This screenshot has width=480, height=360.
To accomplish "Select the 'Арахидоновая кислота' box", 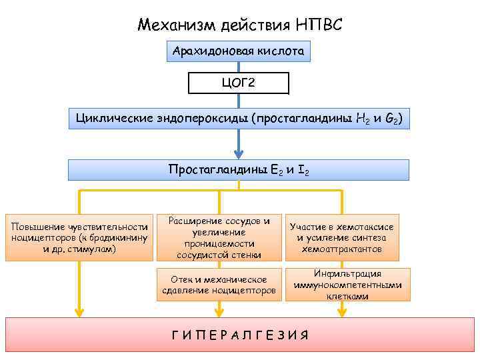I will (238, 51).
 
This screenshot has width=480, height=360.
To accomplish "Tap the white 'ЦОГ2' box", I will (239, 83).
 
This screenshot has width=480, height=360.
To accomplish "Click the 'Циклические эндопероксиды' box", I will (239, 119).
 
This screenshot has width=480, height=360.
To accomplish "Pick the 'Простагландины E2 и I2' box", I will (239, 170).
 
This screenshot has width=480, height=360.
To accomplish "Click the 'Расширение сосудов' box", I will (219, 237).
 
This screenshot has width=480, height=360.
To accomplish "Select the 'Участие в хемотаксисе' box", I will (341, 237).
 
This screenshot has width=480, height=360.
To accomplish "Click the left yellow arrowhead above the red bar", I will (79, 310).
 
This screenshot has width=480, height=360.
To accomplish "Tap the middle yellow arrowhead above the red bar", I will (219, 310).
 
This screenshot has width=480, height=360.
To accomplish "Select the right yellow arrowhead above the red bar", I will (342, 310).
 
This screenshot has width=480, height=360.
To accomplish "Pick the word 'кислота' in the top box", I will (282, 51).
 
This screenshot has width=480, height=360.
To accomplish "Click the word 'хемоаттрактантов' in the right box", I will (341, 249).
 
